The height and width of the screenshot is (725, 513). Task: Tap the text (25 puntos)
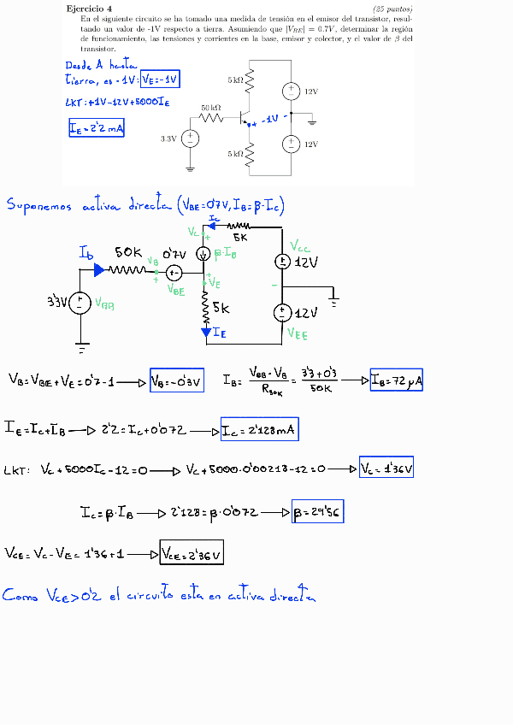[392, 8]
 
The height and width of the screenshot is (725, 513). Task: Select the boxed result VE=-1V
[161, 80]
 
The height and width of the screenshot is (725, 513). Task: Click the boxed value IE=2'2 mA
[97, 128]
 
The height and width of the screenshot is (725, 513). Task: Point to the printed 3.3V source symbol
[191, 138]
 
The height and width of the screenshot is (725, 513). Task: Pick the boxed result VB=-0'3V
[177, 381]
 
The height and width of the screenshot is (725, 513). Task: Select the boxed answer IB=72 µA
[396, 380]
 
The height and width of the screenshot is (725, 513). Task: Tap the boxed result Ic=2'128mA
[259, 430]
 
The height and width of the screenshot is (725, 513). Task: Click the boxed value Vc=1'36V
[386, 469]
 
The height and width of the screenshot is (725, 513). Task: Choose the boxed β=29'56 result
[317, 513]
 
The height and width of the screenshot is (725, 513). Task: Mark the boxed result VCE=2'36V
[192, 554]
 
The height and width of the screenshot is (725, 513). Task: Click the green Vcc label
[300, 247]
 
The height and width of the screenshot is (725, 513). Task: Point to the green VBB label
[105, 303]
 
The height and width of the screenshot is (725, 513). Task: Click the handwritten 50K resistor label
[130, 253]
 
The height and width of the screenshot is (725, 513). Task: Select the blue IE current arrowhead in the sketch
[205, 332]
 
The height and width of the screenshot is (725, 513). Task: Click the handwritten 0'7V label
[176, 254]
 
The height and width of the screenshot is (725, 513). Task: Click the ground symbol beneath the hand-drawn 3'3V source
[82, 348]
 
